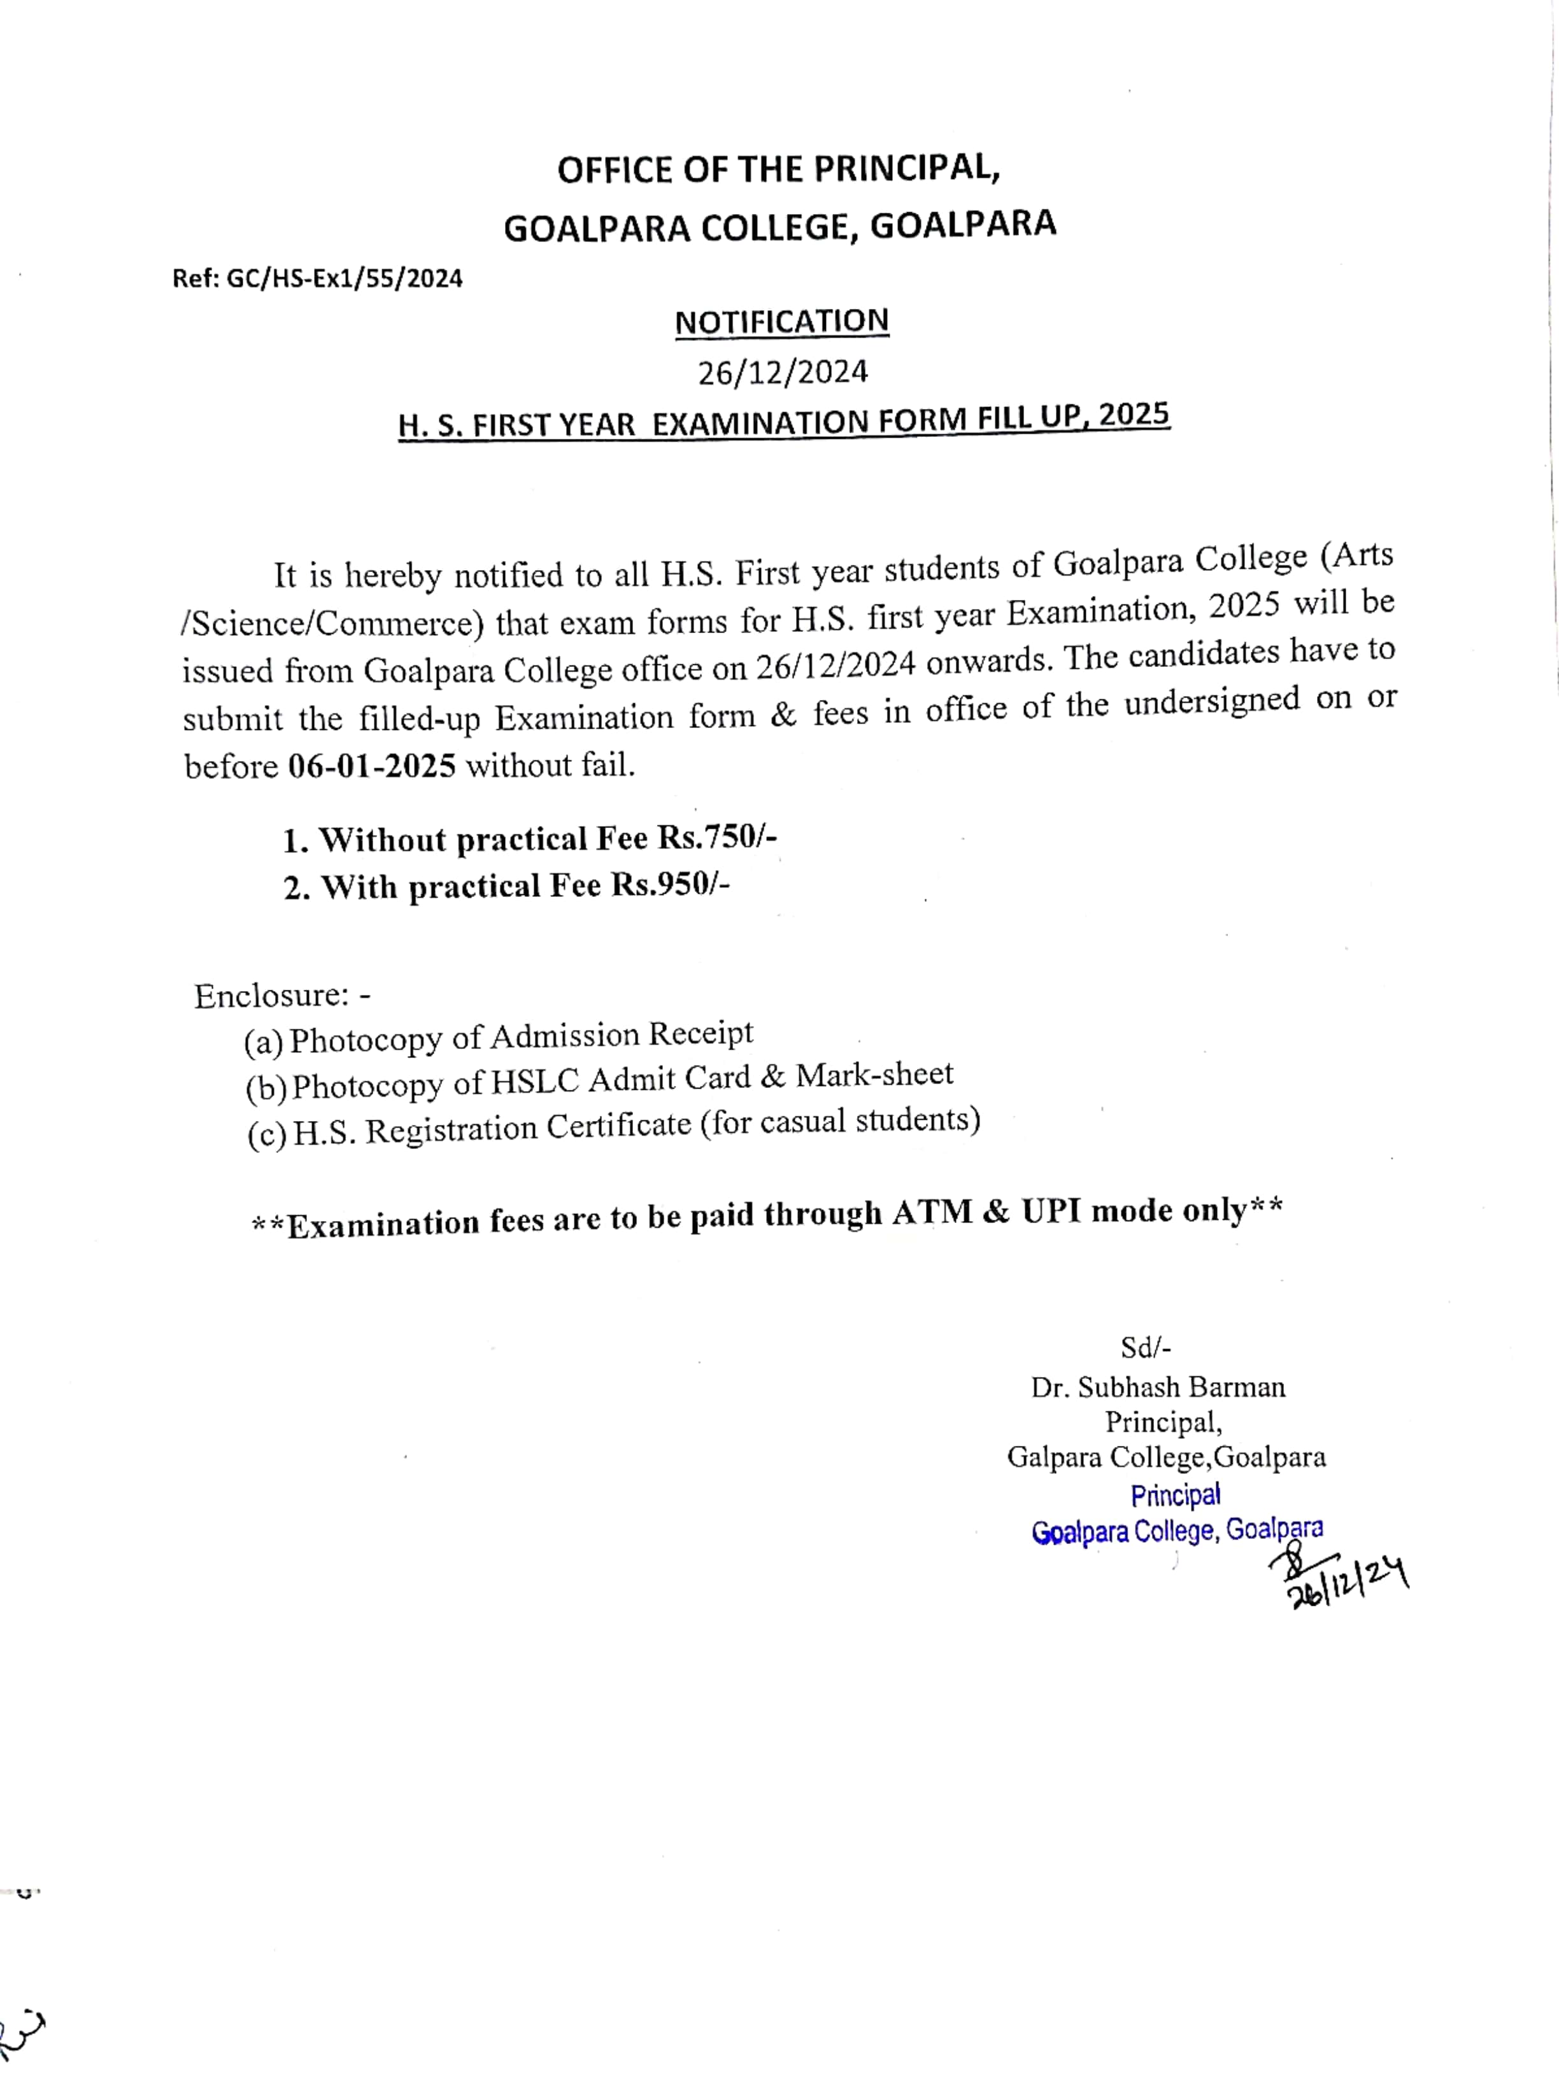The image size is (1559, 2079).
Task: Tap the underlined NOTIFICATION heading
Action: pyautogui.click(x=781, y=322)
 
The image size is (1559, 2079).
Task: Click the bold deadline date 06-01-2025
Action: pyautogui.click(x=371, y=766)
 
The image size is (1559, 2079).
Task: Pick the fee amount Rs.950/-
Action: pyautogui.click(x=671, y=885)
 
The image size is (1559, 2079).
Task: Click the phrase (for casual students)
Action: pyautogui.click(x=840, y=1121)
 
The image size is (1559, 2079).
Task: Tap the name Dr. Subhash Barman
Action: pyautogui.click(x=1158, y=1387)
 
